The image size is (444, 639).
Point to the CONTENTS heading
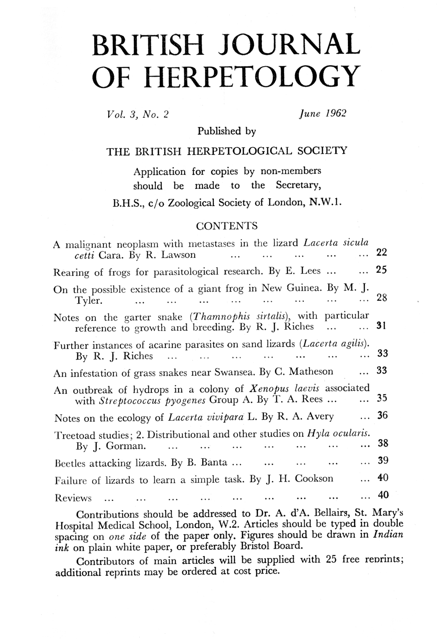coord(227,226)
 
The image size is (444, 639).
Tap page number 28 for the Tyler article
coord(382,298)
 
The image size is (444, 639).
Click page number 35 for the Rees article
coord(382,398)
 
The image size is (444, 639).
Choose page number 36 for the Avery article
coord(382,416)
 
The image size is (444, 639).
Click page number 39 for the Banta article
coord(383,461)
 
